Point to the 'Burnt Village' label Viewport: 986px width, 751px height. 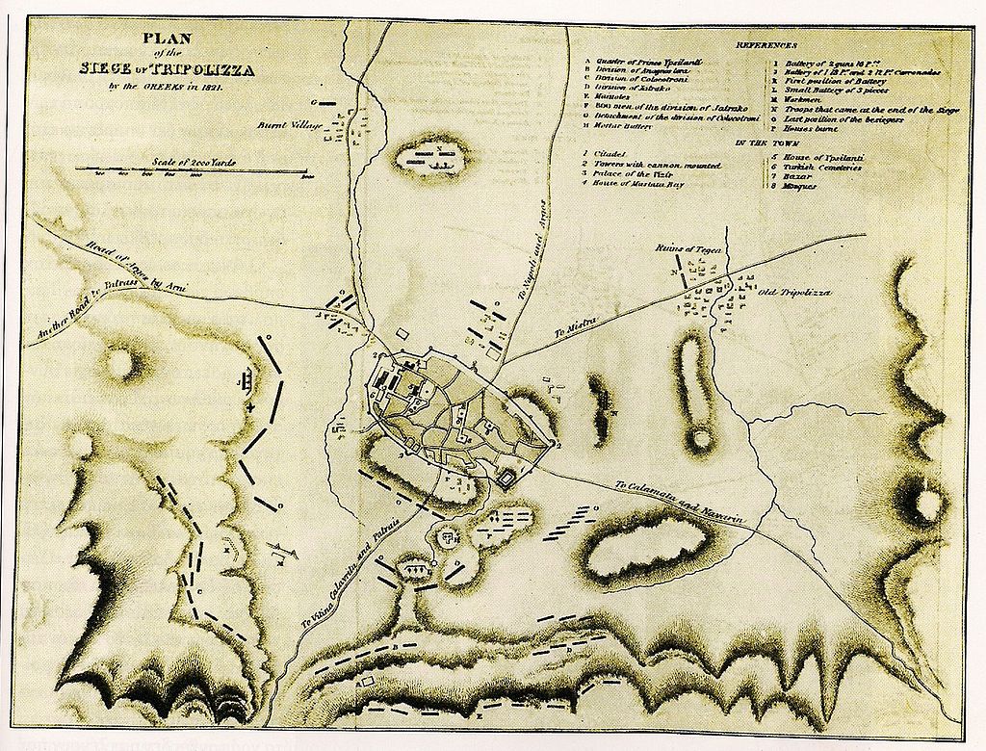pos(285,124)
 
